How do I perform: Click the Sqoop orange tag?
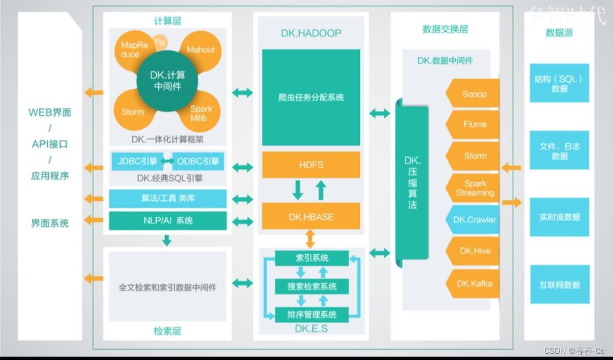click(474, 94)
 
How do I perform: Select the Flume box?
click(474, 124)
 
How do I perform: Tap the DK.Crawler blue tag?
click(474, 220)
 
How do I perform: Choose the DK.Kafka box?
click(474, 283)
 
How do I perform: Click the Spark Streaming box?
click(474, 188)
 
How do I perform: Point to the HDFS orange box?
click(310, 165)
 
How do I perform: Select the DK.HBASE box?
click(310, 217)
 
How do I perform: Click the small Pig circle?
click(160, 41)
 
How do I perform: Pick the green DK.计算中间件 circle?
click(167, 80)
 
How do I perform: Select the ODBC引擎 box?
click(198, 162)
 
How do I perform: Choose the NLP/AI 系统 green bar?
click(167, 221)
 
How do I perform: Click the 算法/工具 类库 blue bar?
click(167, 199)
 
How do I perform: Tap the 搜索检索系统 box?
click(312, 286)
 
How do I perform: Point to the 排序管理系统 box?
click(312, 314)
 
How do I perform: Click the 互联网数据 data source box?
click(559, 285)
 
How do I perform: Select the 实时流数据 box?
click(559, 217)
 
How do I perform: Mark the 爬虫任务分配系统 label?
click(311, 97)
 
